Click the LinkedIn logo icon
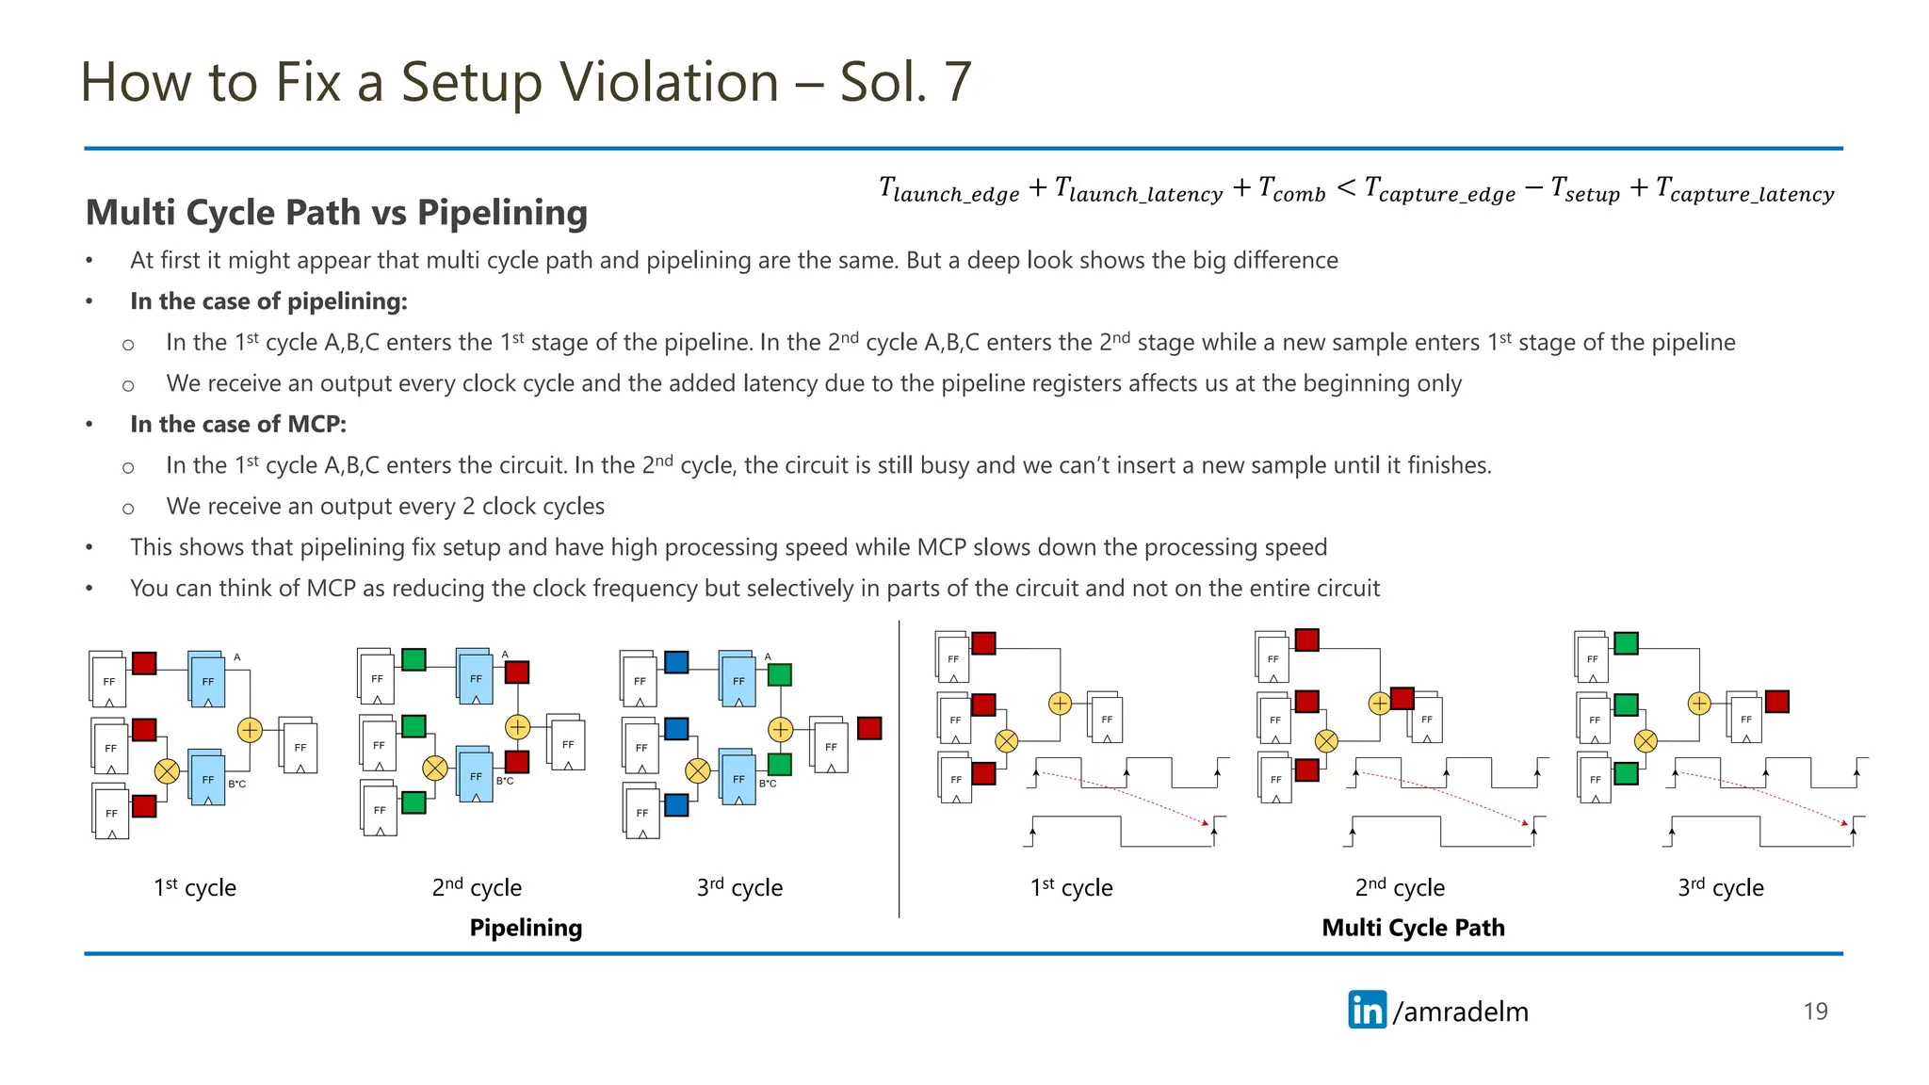click(x=1367, y=1010)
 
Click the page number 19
click(x=1815, y=1011)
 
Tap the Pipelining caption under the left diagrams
click(x=526, y=928)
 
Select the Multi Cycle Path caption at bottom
click(x=1413, y=928)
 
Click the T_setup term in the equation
click(x=1585, y=189)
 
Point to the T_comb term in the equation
click(x=1291, y=189)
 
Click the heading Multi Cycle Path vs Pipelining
click(x=336, y=213)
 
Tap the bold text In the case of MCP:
click(x=238, y=424)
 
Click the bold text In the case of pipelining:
click(x=268, y=301)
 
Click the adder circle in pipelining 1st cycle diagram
click(x=250, y=730)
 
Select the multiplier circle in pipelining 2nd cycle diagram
click(x=434, y=769)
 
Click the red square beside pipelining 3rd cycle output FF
click(x=869, y=728)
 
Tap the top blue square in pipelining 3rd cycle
click(x=676, y=662)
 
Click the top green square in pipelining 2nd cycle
click(x=413, y=659)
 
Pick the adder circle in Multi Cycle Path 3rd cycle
click(x=1698, y=704)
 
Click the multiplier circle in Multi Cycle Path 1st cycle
click(x=1006, y=741)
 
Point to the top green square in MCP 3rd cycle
click(x=1626, y=643)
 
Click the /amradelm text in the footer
click(x=1460, y=1012)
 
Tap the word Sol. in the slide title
click(x=883, y=82)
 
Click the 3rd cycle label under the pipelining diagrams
click(x=739, y=887)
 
